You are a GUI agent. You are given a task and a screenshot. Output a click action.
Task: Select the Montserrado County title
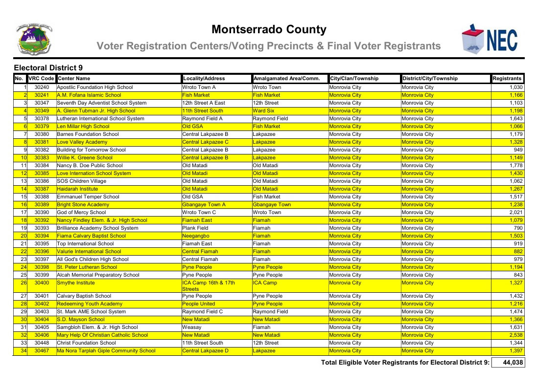[x=269, y=30]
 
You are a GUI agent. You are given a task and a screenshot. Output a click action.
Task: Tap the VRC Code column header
[x=41, y=78]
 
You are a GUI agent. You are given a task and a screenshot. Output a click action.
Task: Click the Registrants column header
[x=508, y=78]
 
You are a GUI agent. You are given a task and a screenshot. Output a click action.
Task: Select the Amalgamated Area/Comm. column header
[x=286, y=78]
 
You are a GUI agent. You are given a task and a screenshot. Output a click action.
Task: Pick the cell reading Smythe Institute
[x=76, y=282]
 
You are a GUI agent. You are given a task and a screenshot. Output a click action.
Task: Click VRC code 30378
[x=42, y=118]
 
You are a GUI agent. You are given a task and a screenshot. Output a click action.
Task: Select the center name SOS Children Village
[x=82, y=181]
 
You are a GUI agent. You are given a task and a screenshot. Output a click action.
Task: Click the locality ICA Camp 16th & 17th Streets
[x=209, y=285]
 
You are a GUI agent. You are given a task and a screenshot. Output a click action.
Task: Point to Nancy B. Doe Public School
[x=90, y=165]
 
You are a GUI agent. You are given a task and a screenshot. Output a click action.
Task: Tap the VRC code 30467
[x=42, y=350]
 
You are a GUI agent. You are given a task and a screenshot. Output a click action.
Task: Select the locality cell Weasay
[x=191, y=327]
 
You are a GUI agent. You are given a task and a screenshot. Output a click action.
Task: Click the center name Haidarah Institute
[x=77, y=189]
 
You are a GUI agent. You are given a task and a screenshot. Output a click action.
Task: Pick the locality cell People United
[x=198, y=304]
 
